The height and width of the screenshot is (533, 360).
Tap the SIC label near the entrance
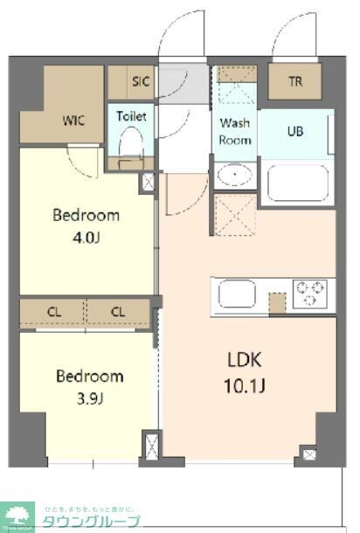click(x=142, y=81)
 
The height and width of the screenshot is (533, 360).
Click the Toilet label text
click(x=131, y=115)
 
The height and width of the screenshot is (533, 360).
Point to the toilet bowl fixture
click(x=131, y=142)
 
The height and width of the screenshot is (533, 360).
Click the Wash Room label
click(x=235, y=131)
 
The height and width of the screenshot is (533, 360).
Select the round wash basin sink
click(x=234, y=175)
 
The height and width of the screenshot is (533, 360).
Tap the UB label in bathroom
click(x=297, y=131)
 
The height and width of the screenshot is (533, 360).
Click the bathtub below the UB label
click(x=297, y=182)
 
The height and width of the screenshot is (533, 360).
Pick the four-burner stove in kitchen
click(x=309, y=293)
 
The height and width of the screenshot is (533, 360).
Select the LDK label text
click(x=246, y=359)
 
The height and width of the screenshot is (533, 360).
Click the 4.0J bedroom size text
click(x=85, y=237)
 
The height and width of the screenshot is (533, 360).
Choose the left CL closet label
click(x=53, y=312)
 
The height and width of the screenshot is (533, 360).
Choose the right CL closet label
click(x=119, y=312)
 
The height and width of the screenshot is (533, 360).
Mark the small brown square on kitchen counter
click(x=277, y=303)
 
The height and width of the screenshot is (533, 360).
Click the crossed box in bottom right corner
click(x=308, y=453)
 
